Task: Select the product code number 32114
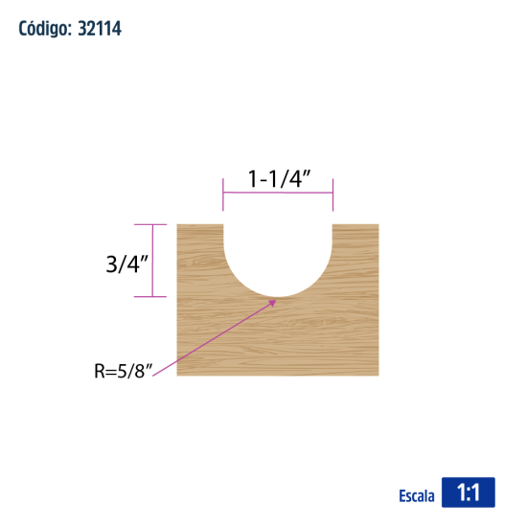[95, 29]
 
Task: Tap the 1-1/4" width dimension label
[278, 179]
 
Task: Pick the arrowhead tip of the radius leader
[276, 300]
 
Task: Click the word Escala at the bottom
[417, 495]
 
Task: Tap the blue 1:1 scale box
[468, 493]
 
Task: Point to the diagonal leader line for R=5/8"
[225, 331]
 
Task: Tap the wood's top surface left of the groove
[200, 226]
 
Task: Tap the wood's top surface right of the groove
[355, 226]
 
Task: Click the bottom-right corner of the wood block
[378, 375]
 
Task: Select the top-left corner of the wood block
[179, 225]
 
